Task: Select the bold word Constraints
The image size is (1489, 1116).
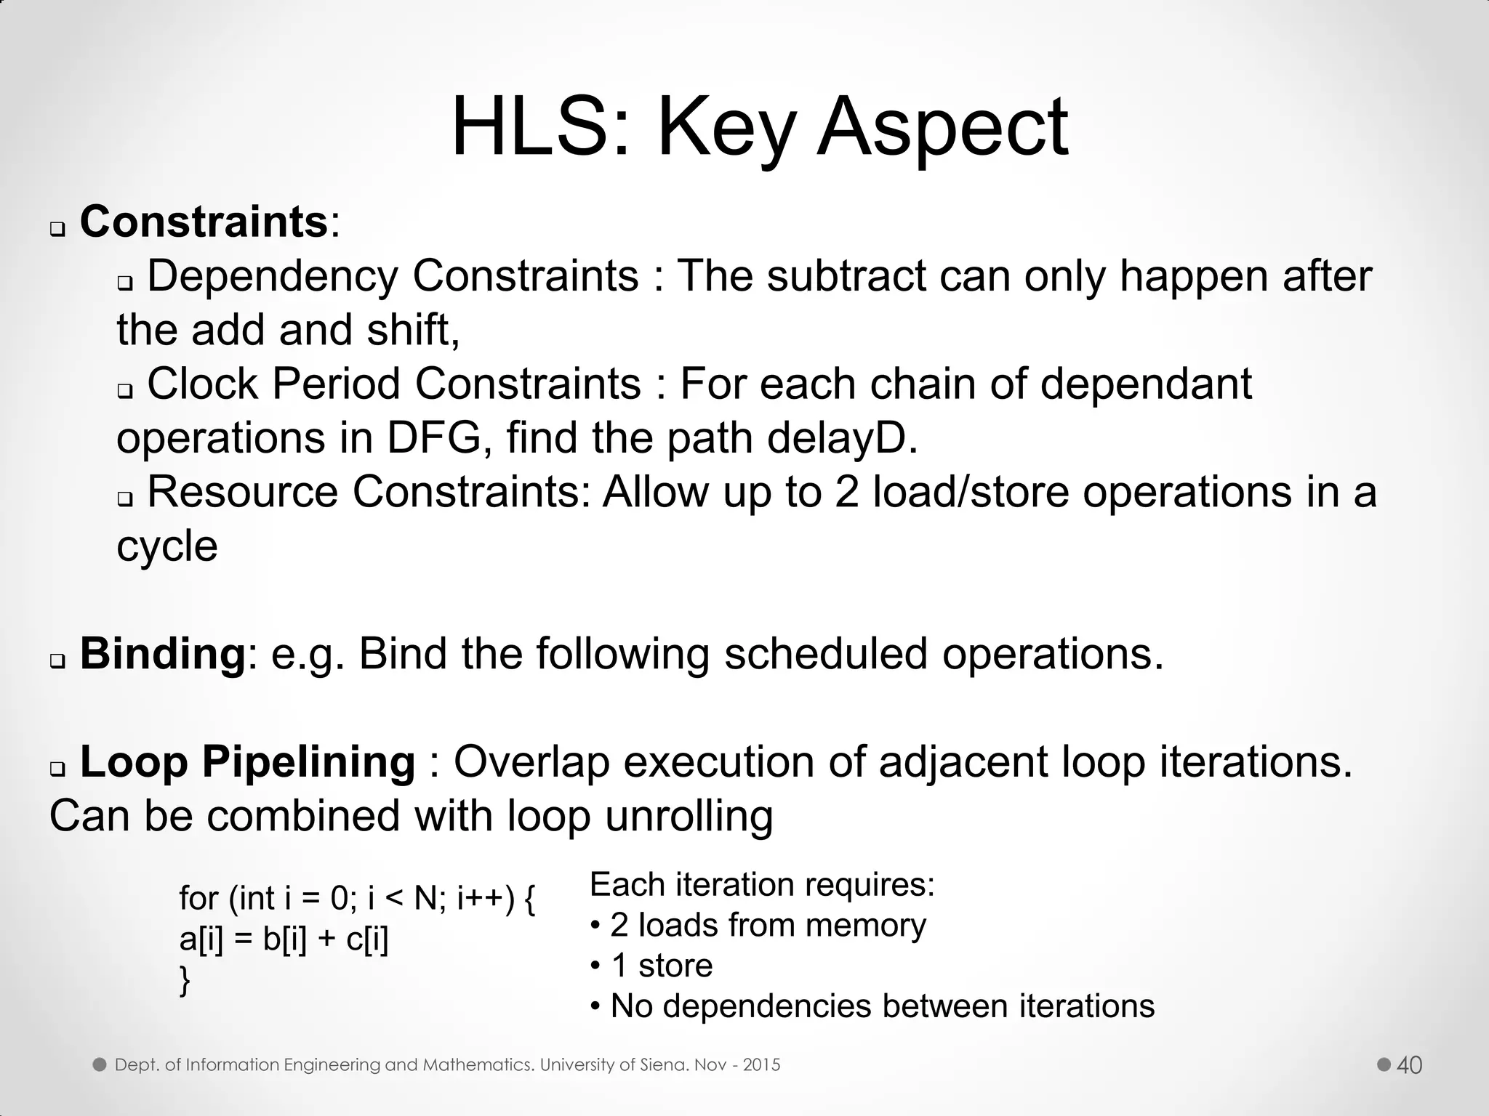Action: (x=204, y=222)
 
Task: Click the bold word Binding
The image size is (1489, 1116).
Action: (x=164, y=653)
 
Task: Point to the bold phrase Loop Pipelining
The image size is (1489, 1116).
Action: (x=247, y=761)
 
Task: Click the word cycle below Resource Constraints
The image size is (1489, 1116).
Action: (x=166, y=546)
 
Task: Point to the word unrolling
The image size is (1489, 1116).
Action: (x=689, y=815)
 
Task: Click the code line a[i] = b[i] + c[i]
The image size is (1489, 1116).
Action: (x=284, y=939)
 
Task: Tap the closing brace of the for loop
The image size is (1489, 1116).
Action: (x=185, y=981)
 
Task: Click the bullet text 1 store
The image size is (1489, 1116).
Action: (x=661, y=966)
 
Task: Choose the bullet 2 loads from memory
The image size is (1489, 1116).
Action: (x=767, y=925)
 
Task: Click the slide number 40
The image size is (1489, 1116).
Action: (x=1409, y=1065)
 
